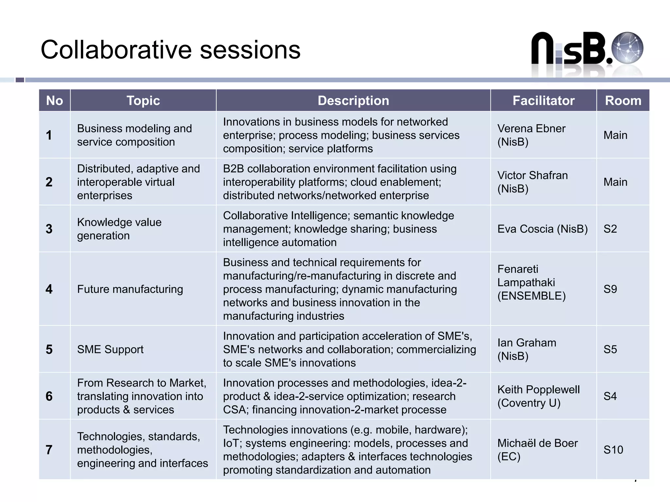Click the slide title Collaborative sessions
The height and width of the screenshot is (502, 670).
[x=170, y=50]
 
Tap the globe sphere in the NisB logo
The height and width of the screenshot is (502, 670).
[x=627, y=48]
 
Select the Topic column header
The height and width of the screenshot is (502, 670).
[x=143, y=101]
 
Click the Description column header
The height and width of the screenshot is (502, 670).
[x=353, y=101]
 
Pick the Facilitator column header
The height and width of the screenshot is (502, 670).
[x=543, y=101]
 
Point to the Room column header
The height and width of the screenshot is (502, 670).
[x=623, y=101]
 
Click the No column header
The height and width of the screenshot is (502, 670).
[x=55, y=101]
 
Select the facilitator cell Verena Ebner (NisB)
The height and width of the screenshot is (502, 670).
[x=531, y=135]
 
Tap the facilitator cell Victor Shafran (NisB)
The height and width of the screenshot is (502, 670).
[x=532, y=182]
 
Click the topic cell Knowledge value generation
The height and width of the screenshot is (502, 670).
[x=119, y=229]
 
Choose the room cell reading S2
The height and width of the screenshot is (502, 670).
[x=610, y=229]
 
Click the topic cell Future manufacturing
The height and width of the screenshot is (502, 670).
[x=130, y=289]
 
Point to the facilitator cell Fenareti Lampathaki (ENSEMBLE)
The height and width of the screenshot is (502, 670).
[x=531, y=282]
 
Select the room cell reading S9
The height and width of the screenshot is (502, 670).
[x=610, y=289]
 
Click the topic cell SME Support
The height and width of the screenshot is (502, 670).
[x=110, y=349]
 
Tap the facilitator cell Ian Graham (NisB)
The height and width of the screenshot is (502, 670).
[x=527, y=349]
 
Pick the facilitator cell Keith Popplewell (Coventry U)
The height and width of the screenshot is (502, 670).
[x=538, y=396]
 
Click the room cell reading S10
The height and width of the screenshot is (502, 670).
[x=613, y=450]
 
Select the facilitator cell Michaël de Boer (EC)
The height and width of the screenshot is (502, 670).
[x=538, y=450]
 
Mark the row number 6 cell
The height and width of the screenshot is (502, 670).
[x=49, y=396]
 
